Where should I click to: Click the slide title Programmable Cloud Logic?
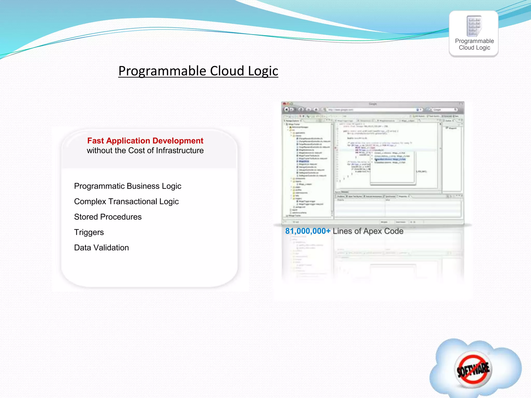[x=198, y=71]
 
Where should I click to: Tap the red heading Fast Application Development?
[x=145, y=141]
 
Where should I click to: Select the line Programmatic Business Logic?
[x=128, y=186]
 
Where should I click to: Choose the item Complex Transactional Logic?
[x=126, y=202]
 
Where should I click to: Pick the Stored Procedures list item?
[x=108, y=217]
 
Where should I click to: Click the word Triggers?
[x=89, y=232]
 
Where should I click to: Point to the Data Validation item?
[x=101, y=248]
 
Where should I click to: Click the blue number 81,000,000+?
[x=308, y=231]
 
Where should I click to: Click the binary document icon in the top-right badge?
[x=474, y=26]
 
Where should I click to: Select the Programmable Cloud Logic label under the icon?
[x=474, y=44]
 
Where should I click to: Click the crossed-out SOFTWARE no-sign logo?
[x=473, y=369]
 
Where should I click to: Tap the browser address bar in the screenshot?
[x=371, y=110]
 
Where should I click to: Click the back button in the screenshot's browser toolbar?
[x=286, y=110]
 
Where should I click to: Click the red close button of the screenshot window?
[x=284, y=104]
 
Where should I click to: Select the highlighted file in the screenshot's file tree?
[x=304, y=161]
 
